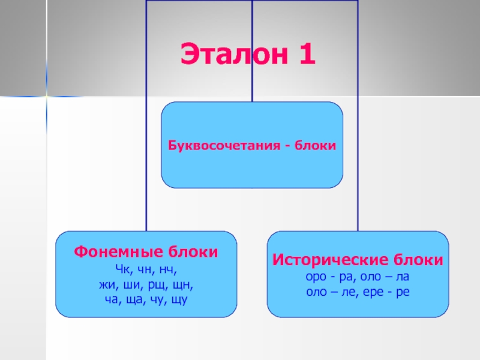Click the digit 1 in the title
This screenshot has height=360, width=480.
(x=304, y=55)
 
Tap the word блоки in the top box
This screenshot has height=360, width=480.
(x=314, y=146)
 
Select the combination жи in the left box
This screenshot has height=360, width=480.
(x=106, y=283)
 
